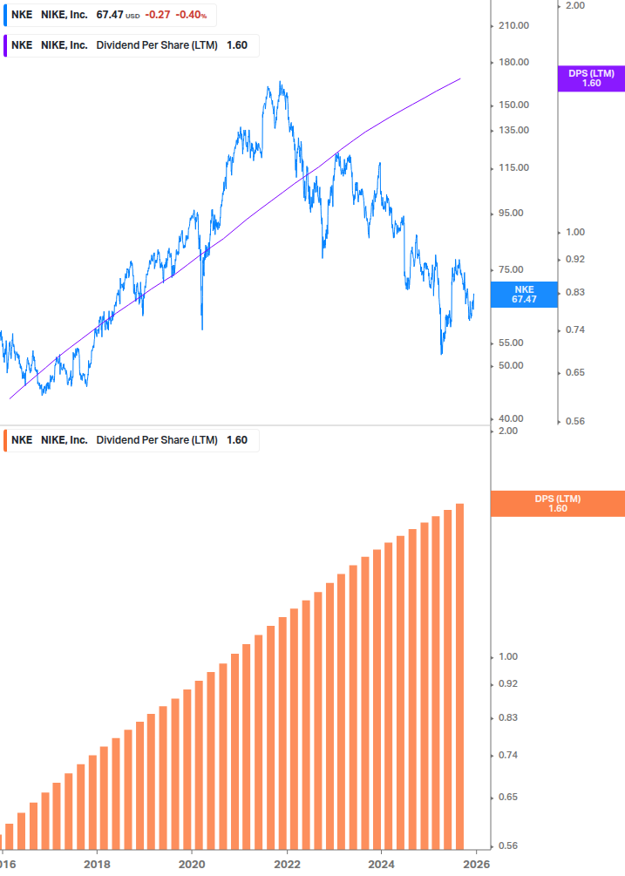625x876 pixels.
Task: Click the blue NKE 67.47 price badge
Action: coord(524,294)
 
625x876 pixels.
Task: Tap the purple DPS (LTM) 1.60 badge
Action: coord(591,78)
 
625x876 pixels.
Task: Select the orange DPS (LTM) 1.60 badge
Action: coord(558,503)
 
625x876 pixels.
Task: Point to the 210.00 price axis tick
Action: coord(512,25)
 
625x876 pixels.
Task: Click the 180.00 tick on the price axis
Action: coord(512,62)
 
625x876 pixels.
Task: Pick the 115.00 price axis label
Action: coord(512,167)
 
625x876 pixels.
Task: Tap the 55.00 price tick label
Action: coord(509,343)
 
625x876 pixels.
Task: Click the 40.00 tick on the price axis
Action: coord(509,419)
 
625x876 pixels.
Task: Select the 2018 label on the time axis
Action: coord(97,865)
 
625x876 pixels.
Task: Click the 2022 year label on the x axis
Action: coord(287,865)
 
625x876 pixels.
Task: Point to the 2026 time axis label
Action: coord(475,865)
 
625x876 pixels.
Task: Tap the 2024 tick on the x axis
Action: coord(382,865)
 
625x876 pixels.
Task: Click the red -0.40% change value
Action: coord(194,15)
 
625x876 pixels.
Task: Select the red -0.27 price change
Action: coord(158,15)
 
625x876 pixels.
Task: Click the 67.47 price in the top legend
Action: coord(109,15)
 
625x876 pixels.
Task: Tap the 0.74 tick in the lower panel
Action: coord(508,755)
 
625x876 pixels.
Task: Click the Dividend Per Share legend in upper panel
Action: coord(156,45)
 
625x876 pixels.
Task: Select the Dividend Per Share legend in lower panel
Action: coord(156,440)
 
